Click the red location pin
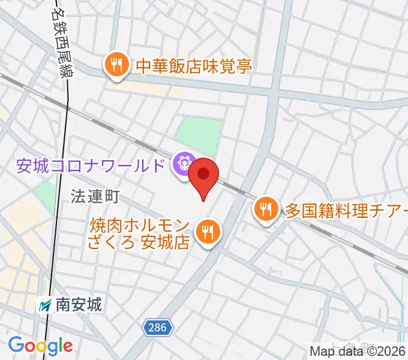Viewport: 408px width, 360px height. point(204,175)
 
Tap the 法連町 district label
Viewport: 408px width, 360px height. point(95,196)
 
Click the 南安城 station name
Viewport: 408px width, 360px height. point(79,305)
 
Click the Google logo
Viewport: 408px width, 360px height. point(41,345)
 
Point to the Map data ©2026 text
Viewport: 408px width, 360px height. point(358,352)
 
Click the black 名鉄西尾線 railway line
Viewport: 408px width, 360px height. point(62,180)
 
